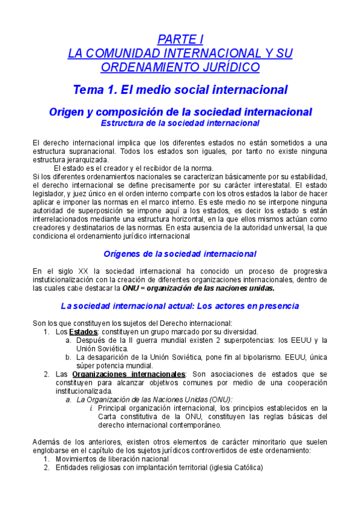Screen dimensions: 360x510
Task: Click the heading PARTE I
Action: click(180, 40)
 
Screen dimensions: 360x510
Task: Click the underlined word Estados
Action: click(83, 331)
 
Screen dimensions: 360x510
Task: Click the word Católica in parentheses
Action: click(246, 467)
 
